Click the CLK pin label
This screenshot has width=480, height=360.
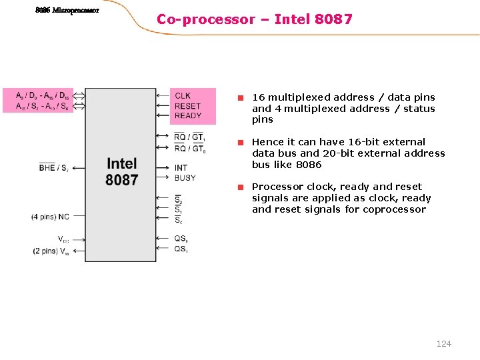tap(182, 96)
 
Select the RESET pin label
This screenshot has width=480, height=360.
tap(187, 106)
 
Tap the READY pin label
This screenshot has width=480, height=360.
tap(188, 115)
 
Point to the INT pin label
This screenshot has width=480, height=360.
tap(181, 168)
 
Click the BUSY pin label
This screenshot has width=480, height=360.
tap(185, 178)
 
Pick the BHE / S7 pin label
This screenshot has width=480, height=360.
tap(53, 168)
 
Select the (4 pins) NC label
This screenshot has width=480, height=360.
tap(50, 217)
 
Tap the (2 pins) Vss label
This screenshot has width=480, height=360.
tap(50, 251)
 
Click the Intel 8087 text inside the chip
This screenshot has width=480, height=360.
tap(121, 171)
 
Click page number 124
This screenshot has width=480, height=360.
tap(443, 343)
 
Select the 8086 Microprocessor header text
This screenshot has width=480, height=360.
tap(67, 11)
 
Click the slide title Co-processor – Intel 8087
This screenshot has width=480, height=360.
tap(254, 19)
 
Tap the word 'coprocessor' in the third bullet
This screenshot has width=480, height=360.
tap(393, 209)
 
